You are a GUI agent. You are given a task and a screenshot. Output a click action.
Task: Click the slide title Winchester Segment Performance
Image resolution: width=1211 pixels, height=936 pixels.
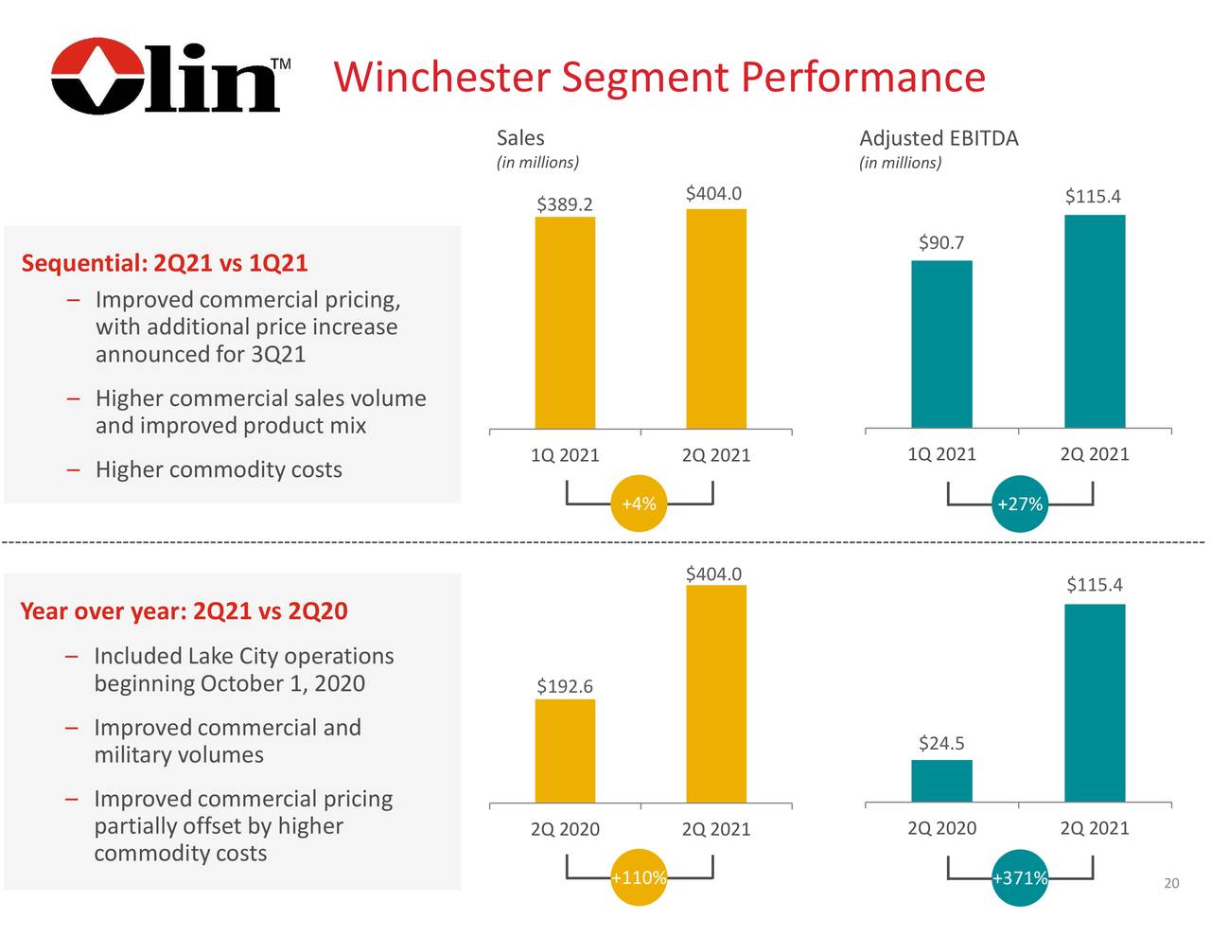[x=659, y=77]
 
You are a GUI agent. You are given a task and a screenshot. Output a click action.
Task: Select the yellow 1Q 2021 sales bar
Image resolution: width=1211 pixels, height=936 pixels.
[x=565, y=322]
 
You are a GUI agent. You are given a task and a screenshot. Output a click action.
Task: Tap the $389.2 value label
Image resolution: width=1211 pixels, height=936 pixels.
[x=565, y=204]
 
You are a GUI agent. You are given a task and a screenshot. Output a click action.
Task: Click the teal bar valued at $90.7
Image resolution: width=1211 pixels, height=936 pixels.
[x=941, y=344]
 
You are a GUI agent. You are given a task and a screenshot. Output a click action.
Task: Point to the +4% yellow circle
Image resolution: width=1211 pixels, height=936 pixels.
[x=640, y=503]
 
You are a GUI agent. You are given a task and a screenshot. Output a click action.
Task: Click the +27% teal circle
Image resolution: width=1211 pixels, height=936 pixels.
[x=1020, y=503]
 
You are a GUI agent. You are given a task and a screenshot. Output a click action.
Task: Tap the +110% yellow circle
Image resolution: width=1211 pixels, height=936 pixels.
[x=640, y=877]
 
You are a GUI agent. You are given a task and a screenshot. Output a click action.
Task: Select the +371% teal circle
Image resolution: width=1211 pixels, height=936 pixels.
[x=1020, y=877]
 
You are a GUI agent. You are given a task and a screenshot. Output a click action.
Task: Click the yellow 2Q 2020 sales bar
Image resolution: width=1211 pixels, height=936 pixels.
[x=565, y=751]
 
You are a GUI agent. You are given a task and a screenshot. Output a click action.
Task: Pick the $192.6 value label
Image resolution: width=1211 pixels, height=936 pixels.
[x=565, y=686]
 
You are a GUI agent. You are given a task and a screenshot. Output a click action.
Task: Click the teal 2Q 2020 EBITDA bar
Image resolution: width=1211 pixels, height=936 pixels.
[x=941, y=781]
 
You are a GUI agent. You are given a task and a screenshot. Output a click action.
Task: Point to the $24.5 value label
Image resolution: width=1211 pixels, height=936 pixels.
[x=941, y=743]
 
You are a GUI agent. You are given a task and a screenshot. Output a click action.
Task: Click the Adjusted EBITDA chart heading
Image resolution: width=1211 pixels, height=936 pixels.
[x=939, y=139]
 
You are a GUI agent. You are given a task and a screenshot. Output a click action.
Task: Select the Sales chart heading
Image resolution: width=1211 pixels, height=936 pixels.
[x=520, y=137]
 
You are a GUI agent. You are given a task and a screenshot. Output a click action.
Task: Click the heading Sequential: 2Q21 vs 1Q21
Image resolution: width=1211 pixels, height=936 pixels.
[x=165, y=262]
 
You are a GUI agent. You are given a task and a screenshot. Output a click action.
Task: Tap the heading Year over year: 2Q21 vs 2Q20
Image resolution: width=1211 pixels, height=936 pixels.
[x=184, y=611]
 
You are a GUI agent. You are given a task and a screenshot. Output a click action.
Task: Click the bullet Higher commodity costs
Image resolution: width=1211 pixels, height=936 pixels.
[x=219, y=469]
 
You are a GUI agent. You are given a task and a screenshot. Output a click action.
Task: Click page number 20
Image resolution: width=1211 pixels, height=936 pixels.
[x=1171, y=883]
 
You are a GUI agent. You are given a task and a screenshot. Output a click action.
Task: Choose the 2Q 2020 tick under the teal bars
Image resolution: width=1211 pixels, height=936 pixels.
[x=941, y=828]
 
